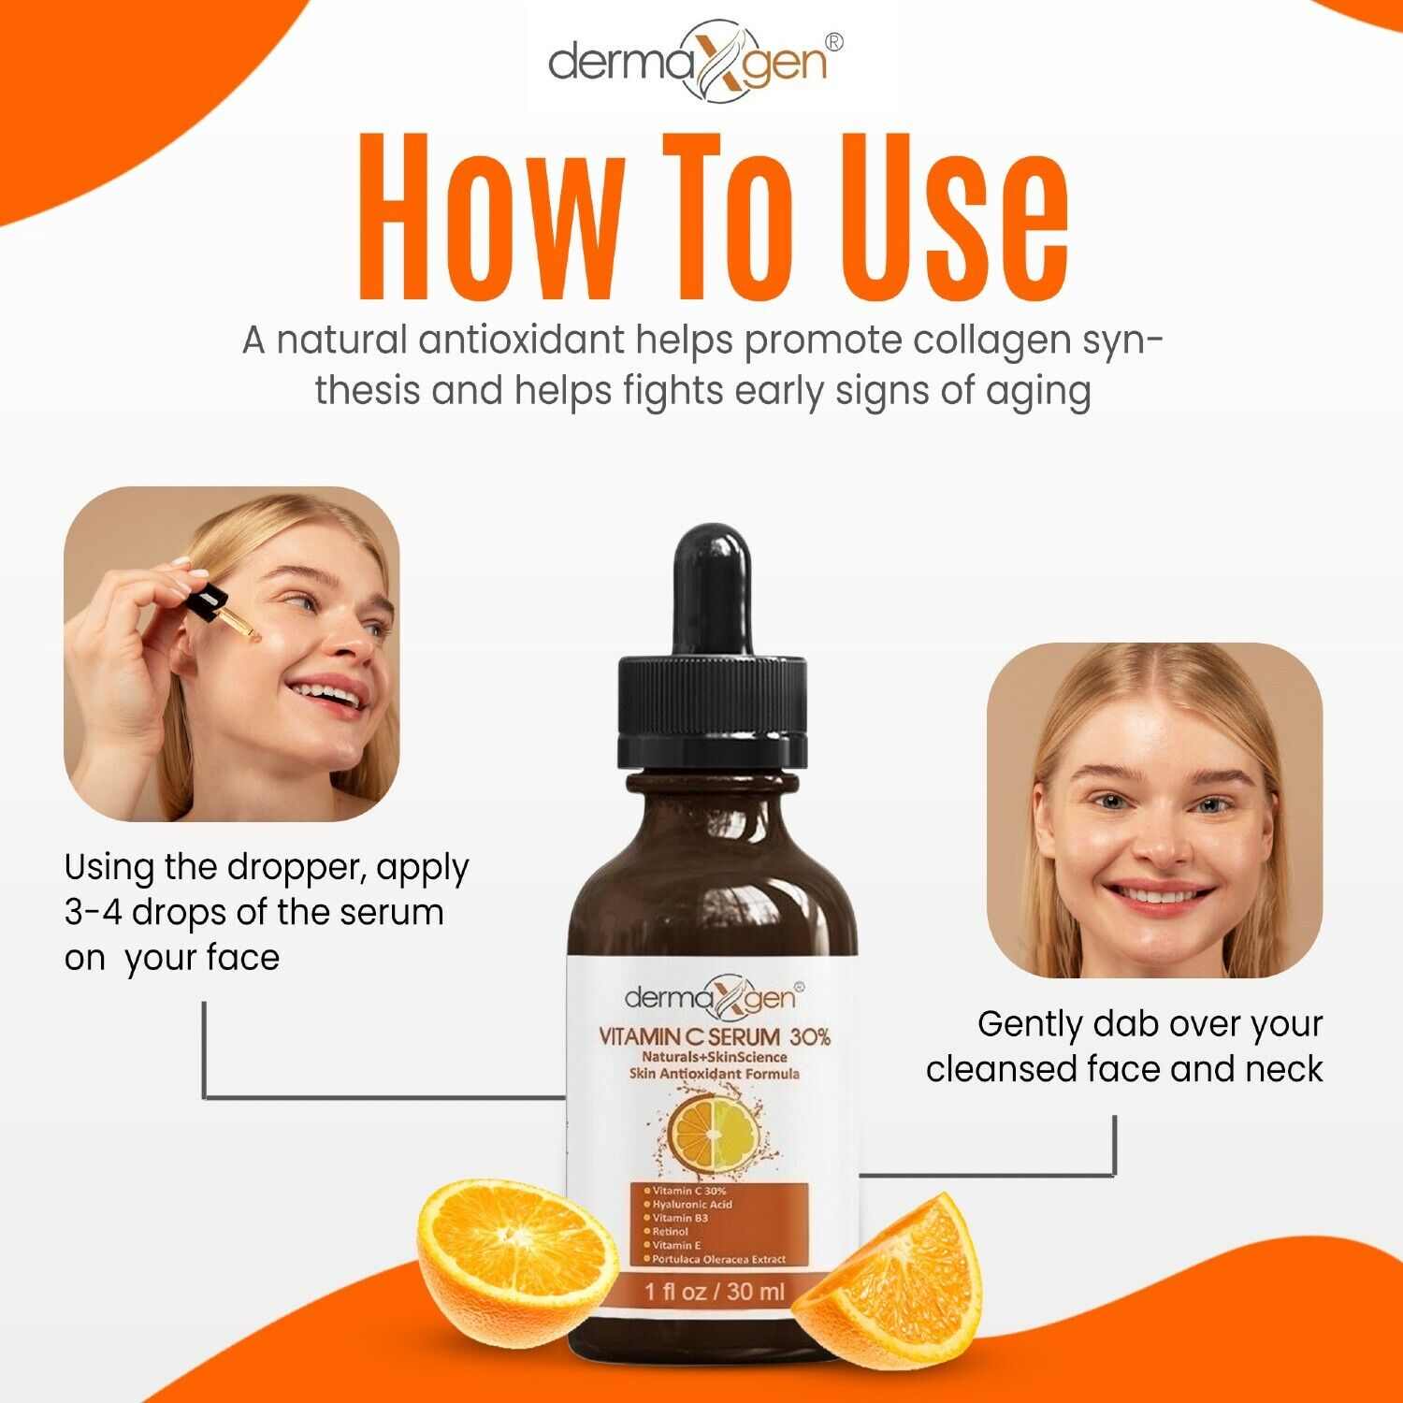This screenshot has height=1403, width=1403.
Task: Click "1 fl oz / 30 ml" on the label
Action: click(714, 1293)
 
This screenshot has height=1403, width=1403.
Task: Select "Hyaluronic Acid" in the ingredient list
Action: click(692, 1205)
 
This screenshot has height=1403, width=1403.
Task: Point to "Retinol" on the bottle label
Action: click(670, 1232)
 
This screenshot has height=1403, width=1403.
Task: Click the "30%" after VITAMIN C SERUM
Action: click(810, 1036)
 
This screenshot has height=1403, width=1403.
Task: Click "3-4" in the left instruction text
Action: click(93, 913)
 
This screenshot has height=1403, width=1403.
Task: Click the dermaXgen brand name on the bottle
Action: click(712, 999)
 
